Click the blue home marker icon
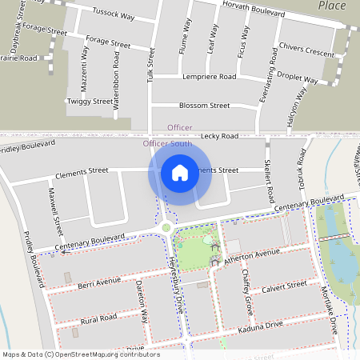(x=180, y=172)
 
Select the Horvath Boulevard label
(x=254, y=13)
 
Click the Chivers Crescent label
(x=308, y=53)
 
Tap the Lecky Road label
(x=220, y=137)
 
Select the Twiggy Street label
(x=89, y=102)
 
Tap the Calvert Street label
(x=284, y=286)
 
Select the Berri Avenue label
(x=99, y=282)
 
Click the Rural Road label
(x=98, y=318)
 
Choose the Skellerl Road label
(x=269, y=180)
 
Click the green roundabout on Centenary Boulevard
(x=166, y=228)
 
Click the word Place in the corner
(x=331, y=6)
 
